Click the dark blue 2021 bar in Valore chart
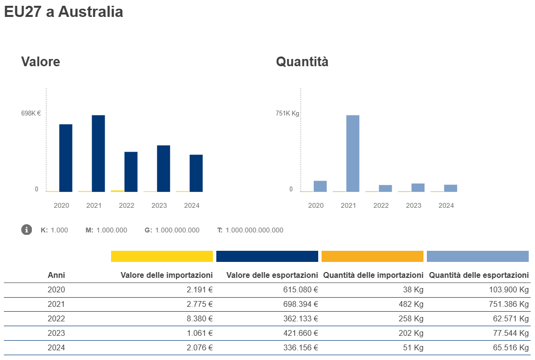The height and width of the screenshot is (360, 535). pos(99,153)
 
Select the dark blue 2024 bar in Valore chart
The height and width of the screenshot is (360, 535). pos(196,173)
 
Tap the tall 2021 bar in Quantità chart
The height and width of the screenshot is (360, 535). pos(353,153)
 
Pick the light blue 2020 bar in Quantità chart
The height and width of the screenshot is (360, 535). pos(320,186)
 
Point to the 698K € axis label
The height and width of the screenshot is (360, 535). pos(30,114)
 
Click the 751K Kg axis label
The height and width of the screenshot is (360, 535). pos(287,114)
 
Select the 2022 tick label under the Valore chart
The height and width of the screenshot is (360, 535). pos(127,205)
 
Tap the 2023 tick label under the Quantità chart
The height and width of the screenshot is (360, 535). pos(413,205)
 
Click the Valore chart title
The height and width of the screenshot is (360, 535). pos(41,62)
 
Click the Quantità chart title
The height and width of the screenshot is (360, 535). pos(302,62)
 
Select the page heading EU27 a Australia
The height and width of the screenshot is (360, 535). pos(63,12)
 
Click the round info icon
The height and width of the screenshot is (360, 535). pos(27,230)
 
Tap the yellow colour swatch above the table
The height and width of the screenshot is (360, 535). pos(162,256)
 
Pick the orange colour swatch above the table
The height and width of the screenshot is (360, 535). pos(372,256)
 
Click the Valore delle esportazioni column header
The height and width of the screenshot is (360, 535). pos(272,275)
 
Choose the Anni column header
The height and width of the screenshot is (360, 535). pos(56,275)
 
